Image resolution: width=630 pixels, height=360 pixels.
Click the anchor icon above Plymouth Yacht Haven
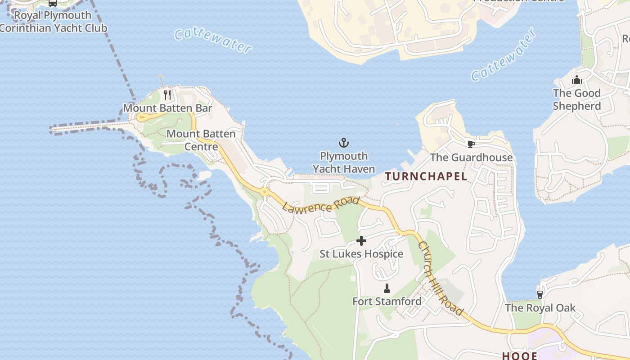(344, 143)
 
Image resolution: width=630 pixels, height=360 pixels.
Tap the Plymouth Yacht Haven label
(344, 162)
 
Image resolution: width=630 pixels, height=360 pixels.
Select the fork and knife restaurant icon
(167, 94)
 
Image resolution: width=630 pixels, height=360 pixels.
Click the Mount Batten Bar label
(167, 108)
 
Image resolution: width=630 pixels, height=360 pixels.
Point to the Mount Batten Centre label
(201, 140)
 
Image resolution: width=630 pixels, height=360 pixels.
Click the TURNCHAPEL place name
(426, 176)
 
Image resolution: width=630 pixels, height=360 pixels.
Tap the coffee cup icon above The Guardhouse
(471, 144)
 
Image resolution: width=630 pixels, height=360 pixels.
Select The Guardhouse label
(471, 157)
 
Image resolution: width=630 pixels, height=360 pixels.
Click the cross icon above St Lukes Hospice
(361, 241)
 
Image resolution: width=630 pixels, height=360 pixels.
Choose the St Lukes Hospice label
(361, 254)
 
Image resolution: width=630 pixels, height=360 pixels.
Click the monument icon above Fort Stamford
(387, 288)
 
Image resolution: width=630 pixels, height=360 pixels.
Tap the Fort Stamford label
(387, 301)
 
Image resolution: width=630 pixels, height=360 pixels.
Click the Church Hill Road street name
(441, 279)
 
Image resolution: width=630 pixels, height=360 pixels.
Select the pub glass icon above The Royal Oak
(540, 294)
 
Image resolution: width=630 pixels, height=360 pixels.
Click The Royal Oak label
(540, 308)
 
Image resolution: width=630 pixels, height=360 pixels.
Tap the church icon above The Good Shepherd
(576, 80)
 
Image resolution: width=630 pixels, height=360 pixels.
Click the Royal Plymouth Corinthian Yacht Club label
(53, 22)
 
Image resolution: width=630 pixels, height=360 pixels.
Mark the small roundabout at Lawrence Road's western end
(264, 192)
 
